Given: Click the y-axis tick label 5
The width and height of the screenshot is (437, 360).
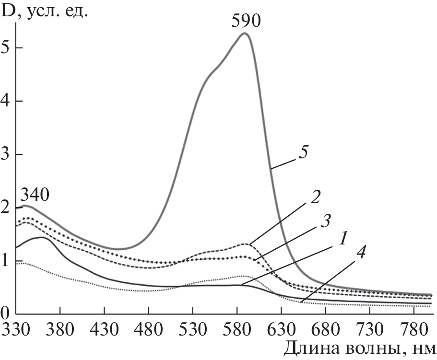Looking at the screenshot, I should (6, 48).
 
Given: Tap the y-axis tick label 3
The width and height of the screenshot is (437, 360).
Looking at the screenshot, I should (6, 154).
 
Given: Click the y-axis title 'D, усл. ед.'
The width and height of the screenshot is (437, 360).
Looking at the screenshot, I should (46, 11).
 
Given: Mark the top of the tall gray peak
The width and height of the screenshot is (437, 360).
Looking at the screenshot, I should (244, 33).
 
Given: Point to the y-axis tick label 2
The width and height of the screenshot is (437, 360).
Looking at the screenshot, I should (6, 208).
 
